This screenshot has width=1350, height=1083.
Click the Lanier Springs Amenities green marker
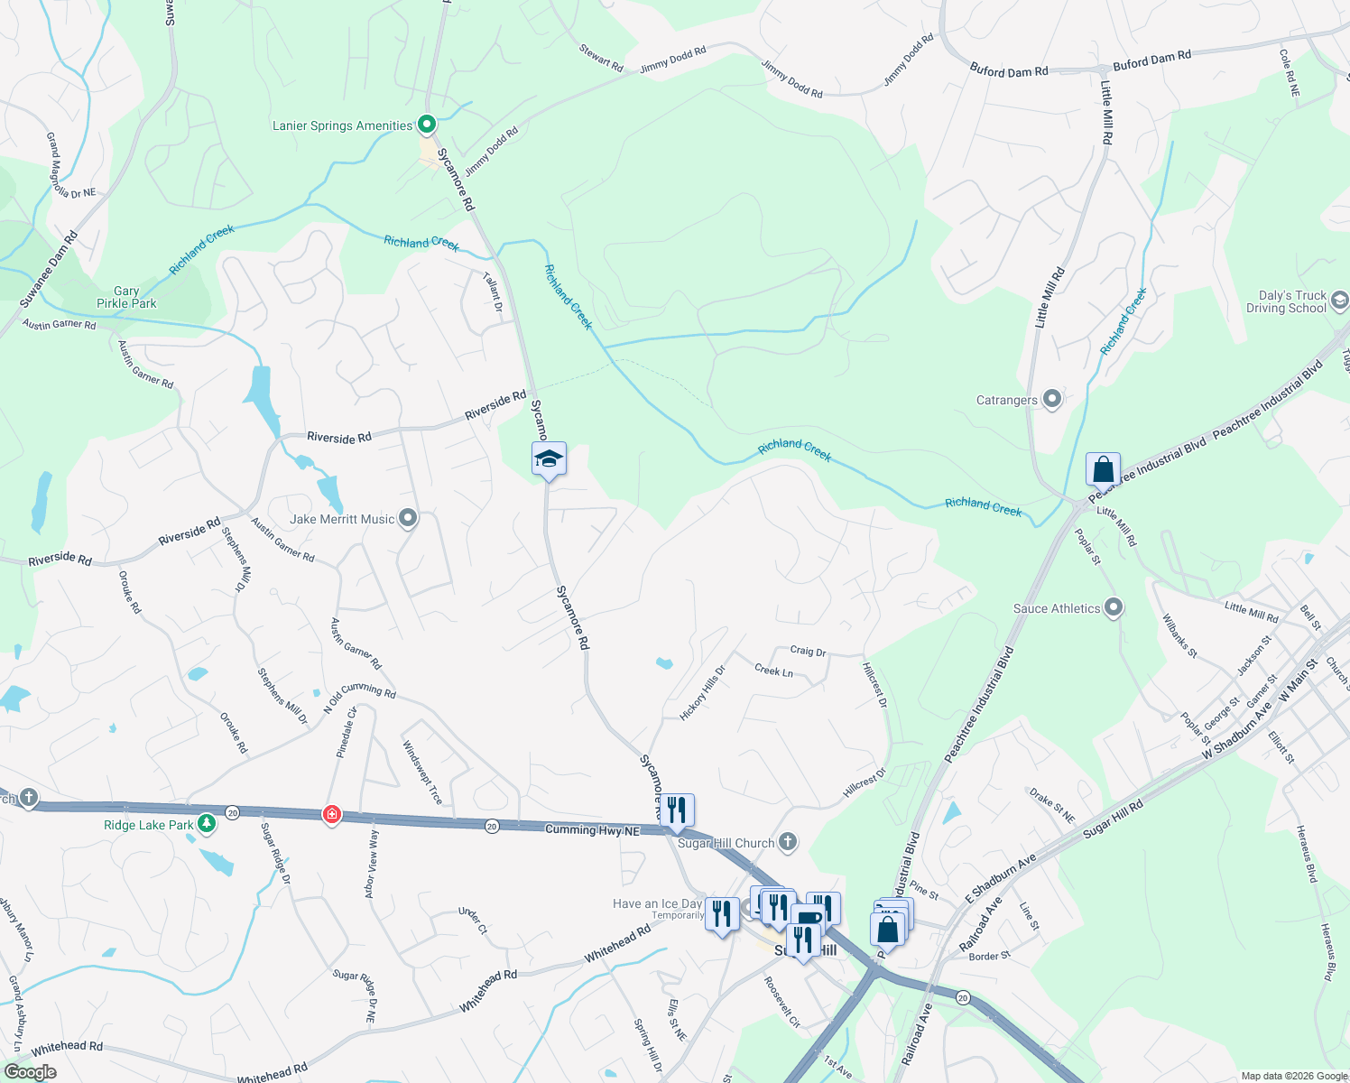click(x=427, y=125)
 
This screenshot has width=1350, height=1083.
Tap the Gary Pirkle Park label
click(x=126, y=297)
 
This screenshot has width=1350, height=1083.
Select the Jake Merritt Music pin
click(x=408, y=519)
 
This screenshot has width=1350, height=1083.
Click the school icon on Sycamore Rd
click(x=549, y=460)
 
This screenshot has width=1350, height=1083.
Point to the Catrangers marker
click(x=1051, y=399)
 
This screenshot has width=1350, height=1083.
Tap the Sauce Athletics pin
click(x=1114, y=608)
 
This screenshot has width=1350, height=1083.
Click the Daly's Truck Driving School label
click(x=1292, y=301)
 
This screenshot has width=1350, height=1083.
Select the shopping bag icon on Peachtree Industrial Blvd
click(x=1103, y=470)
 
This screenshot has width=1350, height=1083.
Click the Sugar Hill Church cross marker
click(x=788, y=842)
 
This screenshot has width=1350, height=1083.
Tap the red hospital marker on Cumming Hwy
click(x=332, y=815)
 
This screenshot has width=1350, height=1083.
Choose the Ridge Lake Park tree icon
click(x=207, y=824)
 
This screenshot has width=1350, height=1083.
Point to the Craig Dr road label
click(x=808, y=651)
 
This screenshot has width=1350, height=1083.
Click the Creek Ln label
click(x=773, y=670)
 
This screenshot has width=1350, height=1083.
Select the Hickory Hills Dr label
click(x=702, y=693)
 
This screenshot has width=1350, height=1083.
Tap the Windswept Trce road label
click(x=422, y=773)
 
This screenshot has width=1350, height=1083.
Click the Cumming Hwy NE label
click(x=592, y=829)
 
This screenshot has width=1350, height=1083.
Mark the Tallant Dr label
click(x=493, y=293)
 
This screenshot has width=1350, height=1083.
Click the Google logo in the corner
click(x=31, y=1071)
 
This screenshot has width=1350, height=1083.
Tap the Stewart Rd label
click(x=601, y=59)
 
